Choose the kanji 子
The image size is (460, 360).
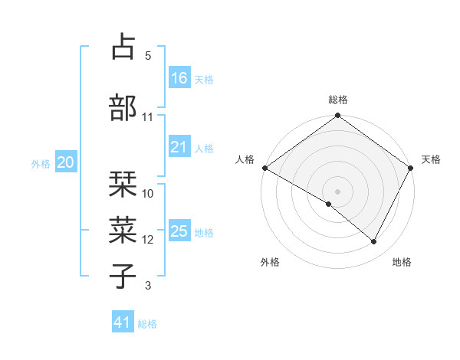click(x=124, y=277)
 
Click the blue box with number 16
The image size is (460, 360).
click(x=179, y=78)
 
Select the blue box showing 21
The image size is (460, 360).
click(x=179, y=148)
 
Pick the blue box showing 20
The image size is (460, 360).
click(x=66, y=162)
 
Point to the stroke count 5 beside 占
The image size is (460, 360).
click(x=147, y=56)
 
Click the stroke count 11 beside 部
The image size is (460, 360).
click(x=147, y=117)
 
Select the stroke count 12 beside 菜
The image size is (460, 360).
click(x=148, y=240)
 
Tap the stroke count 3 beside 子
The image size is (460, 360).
click(x=148, y=286)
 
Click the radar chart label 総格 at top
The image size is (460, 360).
click(x=338, y=100)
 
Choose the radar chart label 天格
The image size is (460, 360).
click(x=431, y=159)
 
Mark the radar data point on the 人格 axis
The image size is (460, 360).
click(x=264, y=168)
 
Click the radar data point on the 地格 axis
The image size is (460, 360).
click(x=374, y=242)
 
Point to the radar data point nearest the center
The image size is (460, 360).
click(x=329, y=204)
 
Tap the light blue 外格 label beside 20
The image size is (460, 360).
click(x=41, y=163)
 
